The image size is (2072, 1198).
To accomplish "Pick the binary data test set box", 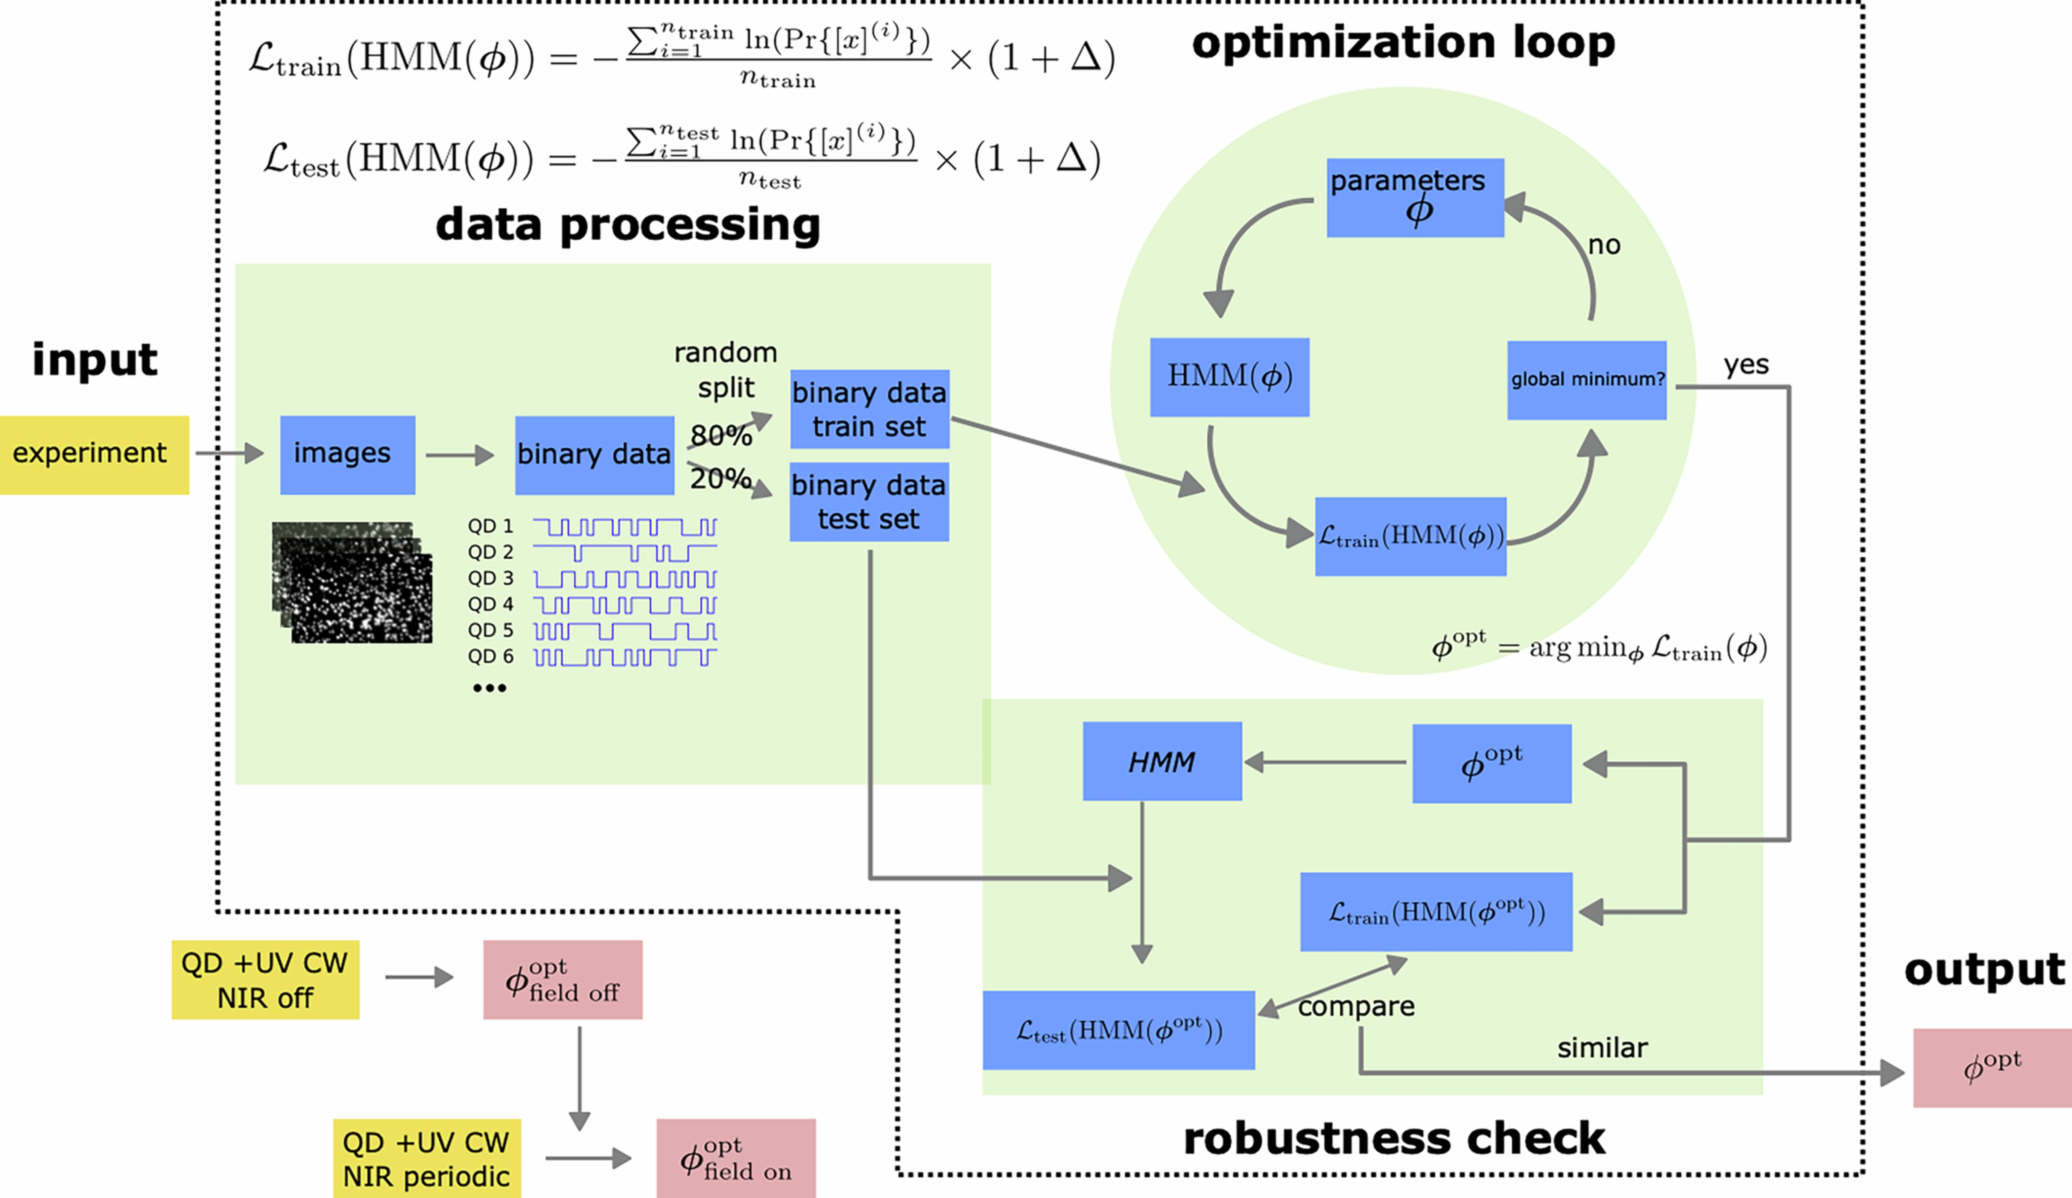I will click(869, 501).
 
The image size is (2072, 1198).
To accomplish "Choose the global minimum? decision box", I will click(1586, 380).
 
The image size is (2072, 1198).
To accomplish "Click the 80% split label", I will click(720, 435).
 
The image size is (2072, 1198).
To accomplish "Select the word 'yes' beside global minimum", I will click(1745, 364).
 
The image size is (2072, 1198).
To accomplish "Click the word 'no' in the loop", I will click(1603, 245).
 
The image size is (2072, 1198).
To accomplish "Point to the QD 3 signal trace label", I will click(490, 578).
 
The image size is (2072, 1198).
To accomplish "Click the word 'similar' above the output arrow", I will click(1602, 1048).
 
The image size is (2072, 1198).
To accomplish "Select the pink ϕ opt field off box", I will click(562, 979).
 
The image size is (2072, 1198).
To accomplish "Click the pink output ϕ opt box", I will click(1991, 1067).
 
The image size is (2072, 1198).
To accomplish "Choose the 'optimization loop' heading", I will click(1403, 43).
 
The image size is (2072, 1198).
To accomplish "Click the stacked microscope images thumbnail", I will click(352, 582).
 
